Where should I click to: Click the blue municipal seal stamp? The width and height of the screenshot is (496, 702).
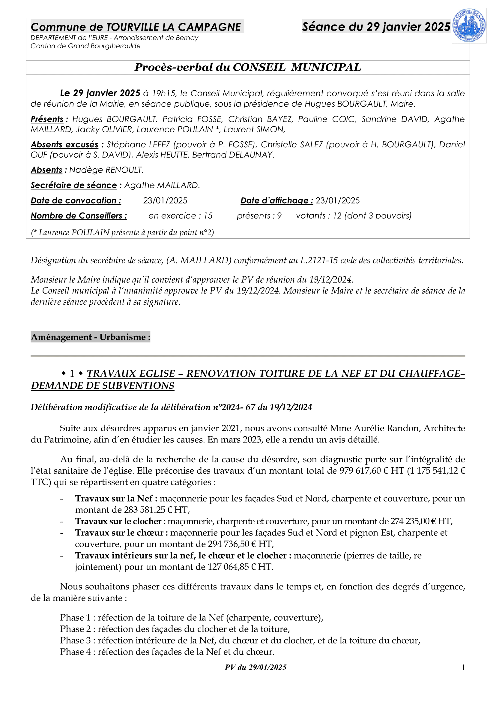pyautogui.click(x=469, y=26)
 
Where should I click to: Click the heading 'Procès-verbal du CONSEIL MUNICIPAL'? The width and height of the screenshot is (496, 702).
pyautogui.click(x=248, y=67)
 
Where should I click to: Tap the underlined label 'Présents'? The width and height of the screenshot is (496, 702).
pyautogui.click(x=47, y=119)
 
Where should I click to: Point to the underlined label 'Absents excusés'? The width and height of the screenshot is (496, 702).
pyautogui.click(x=64, y=145)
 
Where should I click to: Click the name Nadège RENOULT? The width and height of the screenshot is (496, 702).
pyautogui.click(x=106, y=170)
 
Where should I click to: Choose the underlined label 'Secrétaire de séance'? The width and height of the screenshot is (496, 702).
pyautogui.click(x=73, y=185)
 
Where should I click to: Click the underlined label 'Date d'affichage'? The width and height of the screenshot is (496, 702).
pyautogui.click(x=276, y=200)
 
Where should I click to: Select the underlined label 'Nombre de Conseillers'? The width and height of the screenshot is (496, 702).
pyautogui.click(x=79, y=216)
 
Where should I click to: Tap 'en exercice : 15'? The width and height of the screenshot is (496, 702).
pyautogui.click(x=180, y=216)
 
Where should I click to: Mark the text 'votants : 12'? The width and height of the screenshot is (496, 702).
pyautogui.click(x=318, y=216)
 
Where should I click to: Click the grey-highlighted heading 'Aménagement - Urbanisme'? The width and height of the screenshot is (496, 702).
pyautogui.click(x=90, y=337)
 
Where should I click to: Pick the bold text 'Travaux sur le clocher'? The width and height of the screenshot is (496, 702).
pyautogui.click(x=118, y=521)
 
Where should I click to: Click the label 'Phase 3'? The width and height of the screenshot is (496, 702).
pyautogui.click(x=76, y=640)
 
